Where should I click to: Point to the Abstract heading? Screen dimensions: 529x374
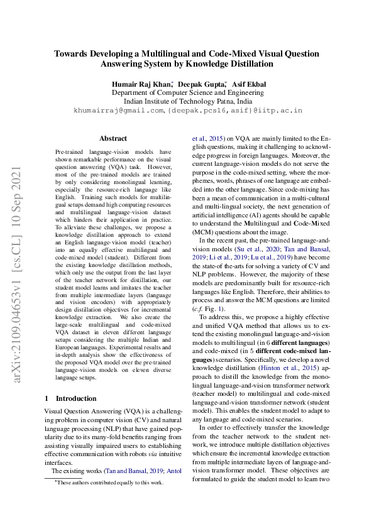click(113, 138)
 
